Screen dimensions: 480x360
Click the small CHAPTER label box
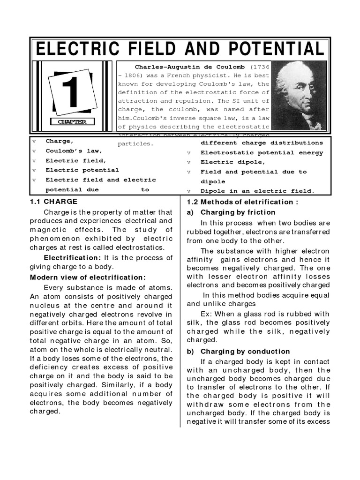(72, 122)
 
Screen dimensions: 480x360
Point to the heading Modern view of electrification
(88, 277)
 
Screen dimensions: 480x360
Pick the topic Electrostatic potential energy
(262, 152)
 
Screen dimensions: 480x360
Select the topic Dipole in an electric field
(257, 191)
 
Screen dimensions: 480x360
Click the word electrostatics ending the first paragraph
(140, 247)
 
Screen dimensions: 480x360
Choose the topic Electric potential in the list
(82, 170)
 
